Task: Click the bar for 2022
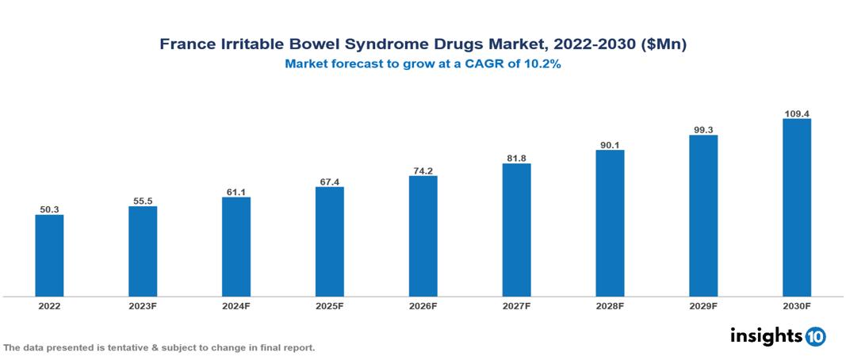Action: tap(49, 255)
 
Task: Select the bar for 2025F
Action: tap(329, 242)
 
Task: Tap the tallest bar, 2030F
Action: tap(796, 208)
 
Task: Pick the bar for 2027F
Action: tap(516, 230)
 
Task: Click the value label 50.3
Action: tap(49, 209)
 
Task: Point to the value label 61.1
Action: tap(236, 192)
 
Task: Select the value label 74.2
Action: tap(423, 170)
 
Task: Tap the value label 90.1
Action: tap(610, 144)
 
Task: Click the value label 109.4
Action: tap(796, 113)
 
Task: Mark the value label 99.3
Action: tap(703, 129)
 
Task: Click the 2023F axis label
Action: tap(143, 305)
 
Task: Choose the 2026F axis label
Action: tap(423, 305)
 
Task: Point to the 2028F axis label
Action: tap(610, 305)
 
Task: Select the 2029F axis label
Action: tap(703, 305)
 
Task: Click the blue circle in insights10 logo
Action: tap(815, 336)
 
